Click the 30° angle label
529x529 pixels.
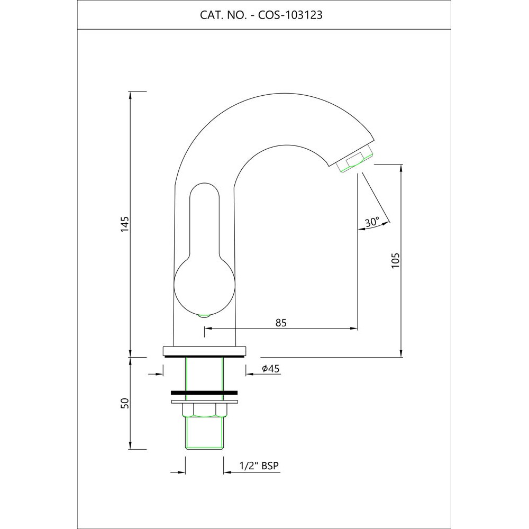(x=372, y=222)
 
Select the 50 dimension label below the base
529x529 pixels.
(x=125, y=403)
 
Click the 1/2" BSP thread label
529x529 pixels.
(x=259, y=466)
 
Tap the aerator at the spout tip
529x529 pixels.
(x=354, y=161)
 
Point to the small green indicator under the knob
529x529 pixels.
(x=203, y=317)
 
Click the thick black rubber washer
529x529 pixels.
(x=204, y=393)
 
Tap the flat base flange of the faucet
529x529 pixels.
(x=205, y=350)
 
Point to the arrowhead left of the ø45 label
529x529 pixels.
(x=249, y=374)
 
